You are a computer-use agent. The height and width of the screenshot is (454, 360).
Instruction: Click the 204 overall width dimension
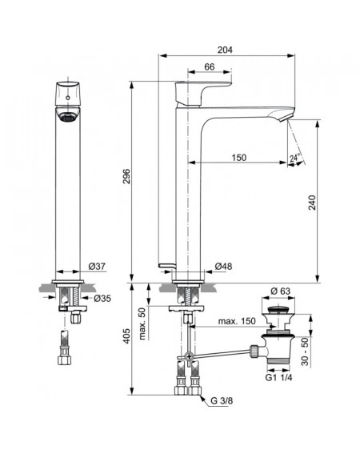point(225,50)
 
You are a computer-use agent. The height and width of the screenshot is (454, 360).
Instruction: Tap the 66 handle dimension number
point(210,67)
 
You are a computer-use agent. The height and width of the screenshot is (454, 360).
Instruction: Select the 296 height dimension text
point(126,176)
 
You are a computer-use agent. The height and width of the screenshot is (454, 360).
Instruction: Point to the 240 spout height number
point(312,203)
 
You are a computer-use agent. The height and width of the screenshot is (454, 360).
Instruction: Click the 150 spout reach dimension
point(239,158)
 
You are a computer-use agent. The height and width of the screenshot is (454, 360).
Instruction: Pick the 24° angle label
point(294,158)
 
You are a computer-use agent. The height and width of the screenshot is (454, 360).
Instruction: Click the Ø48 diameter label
point(223,267)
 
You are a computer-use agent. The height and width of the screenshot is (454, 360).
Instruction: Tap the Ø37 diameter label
point(97,267)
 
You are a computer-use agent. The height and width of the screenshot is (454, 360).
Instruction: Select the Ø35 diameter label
point(102,298)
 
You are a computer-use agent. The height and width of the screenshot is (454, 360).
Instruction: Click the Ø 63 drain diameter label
point(280,291)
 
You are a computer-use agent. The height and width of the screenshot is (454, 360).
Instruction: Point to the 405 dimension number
point(126,336)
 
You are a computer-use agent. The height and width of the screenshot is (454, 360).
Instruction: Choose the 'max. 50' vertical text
point(142,323)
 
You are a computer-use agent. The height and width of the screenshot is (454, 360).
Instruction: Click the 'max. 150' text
point(237,321)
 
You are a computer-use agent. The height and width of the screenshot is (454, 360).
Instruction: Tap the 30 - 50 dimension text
point(305,352)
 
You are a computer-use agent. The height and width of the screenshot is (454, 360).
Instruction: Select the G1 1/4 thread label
point(278,378)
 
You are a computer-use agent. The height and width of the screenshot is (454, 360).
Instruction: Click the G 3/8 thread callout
point(222,400)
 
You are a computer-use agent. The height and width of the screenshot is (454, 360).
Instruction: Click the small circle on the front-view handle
point(68,98)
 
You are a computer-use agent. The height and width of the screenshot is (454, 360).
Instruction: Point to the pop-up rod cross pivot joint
point(189,356)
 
